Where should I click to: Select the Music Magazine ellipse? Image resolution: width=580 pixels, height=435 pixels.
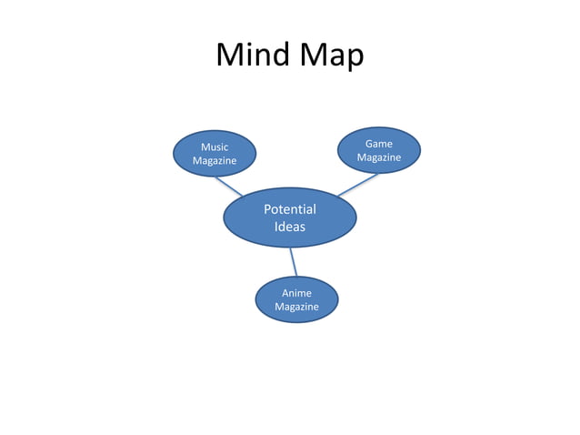point(215,153)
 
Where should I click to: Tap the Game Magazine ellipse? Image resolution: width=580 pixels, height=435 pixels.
point(379,150)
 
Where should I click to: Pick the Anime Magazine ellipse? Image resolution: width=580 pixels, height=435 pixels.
point(296,299)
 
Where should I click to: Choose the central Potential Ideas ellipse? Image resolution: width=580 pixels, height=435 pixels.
point(290,217)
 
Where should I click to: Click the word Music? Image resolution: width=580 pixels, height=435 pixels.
point(215,147)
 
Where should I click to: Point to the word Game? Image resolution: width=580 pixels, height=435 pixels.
point(379,144)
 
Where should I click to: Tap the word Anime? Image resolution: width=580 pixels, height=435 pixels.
point(296,293)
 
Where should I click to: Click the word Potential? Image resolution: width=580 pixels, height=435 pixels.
point(290,210)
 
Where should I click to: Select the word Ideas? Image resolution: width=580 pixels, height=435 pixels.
point(290,227)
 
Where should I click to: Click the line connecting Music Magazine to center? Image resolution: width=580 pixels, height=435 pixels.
point(227,186)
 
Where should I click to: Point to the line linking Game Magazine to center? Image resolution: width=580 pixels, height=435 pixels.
point(356,185)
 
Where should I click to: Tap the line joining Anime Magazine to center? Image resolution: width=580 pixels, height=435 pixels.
point(294,262)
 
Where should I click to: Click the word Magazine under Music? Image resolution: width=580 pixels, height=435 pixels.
point(215,161)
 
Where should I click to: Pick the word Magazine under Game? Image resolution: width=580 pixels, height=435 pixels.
point(379,158)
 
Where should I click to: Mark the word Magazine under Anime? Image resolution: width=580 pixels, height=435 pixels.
point(296,308)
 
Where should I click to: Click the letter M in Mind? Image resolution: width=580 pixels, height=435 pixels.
point(230,56)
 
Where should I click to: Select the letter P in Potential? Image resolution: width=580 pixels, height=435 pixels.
point(268,210)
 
